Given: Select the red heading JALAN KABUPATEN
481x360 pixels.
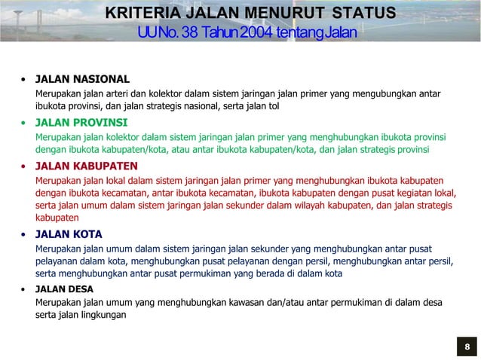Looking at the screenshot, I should [87, 166].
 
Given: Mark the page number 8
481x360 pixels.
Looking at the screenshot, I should [467, 347].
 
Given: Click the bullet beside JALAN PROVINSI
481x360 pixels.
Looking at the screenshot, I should [24, 123].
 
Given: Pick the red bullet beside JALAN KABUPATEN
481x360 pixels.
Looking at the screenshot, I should [24, 166].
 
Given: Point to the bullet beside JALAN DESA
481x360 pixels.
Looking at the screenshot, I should [24, 289].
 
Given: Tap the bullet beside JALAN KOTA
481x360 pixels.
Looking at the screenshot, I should [24, 234].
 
